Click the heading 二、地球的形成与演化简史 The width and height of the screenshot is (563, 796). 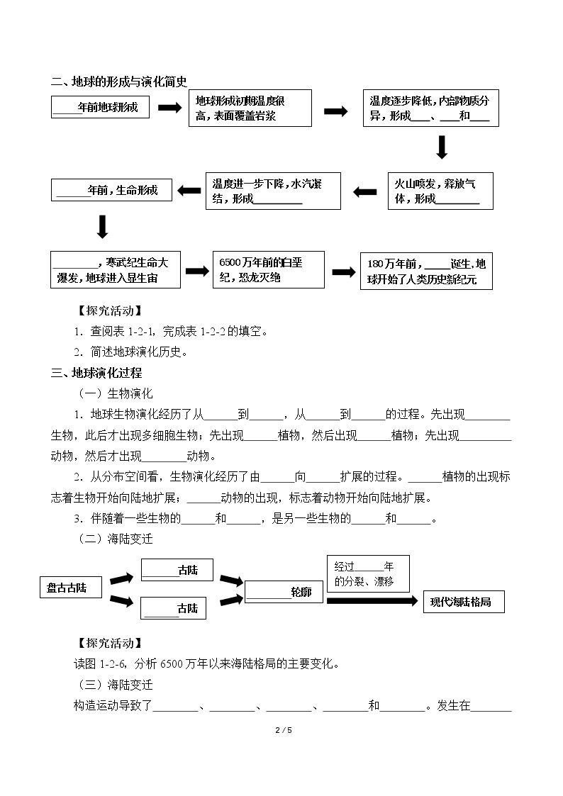(x=119, y=82)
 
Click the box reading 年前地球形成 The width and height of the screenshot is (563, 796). (x=100, y=107)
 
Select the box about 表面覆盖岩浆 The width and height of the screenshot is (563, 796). (x=250, y=108)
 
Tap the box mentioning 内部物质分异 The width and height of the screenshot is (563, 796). (x=431, y=108)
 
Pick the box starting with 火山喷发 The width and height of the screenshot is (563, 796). (x=440, y=191)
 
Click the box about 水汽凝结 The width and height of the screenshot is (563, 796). (x=273, y=191)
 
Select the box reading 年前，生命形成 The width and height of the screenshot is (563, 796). (x=112, y=190)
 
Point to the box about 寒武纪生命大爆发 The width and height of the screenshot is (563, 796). (x=116, y=269)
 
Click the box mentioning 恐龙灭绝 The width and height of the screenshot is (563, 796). (x=269, y=269)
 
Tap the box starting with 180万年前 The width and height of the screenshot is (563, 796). (x=426, y=271)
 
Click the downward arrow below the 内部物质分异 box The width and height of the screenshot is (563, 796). (x=442, y=147)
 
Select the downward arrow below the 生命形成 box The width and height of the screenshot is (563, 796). (x=103, y=226)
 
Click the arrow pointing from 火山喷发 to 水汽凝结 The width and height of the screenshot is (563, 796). (x=365, y=192)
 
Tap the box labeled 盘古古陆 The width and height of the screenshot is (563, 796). (x=71, y=588)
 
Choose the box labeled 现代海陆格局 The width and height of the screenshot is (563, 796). (x=464, y=602)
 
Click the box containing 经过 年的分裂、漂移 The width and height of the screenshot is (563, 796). (x=368, y=573)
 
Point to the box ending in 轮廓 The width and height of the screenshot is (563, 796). (x=284, y=591)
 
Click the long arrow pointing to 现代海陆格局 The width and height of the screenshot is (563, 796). (x=372, y=600)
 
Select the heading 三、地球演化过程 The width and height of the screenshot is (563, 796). (x=96, y=373)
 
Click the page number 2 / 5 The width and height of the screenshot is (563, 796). (x=284, y=730)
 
